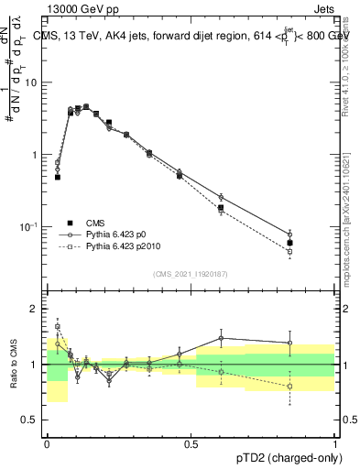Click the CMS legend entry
click(x=96, y=222)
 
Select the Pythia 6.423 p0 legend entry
click(x=116, y=234)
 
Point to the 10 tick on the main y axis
click(x=34, y=83)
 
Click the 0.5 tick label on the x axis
click(x=191, y=442)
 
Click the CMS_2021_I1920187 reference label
click(x=191, y=274)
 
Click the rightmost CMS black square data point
click(x=289, y=243)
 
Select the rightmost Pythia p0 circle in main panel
click(x=289, y=234)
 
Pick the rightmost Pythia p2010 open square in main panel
click(x=289, y=251)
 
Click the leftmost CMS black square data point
click(x=57, y=177)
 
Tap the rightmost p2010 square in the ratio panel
click(x=289, y=386)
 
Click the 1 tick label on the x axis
click(x=333, y=442)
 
